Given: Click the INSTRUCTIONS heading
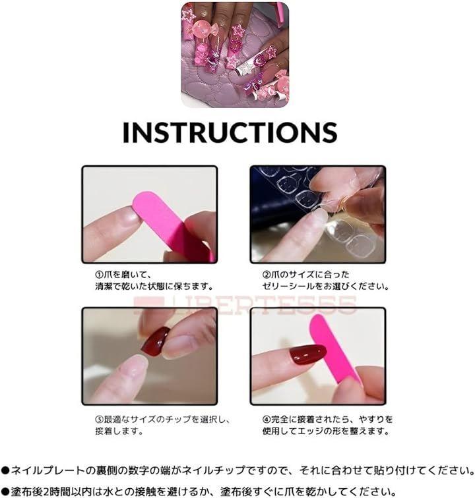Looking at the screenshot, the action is click(x=230, y=132).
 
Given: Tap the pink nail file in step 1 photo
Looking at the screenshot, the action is click(x=172, y=227).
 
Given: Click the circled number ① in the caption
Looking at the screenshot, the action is click(x=99, y=275).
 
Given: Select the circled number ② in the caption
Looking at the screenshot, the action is click(x=267, y=275).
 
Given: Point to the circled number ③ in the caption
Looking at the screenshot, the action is click(x=99, y=419).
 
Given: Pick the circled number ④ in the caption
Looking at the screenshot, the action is click(x=267, y=419).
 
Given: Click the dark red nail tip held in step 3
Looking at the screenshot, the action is click(x=155, y=342).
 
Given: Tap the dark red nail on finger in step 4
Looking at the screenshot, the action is click(x=308, y=354).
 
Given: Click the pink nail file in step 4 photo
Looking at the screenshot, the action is click(x=334, y=351).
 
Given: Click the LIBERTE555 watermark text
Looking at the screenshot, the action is click(x=245, y=305).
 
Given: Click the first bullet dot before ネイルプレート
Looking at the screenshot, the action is click(x=5, y=470).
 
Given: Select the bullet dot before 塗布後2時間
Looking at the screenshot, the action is click(x=5, y=491).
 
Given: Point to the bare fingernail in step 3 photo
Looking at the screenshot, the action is click(x=139, y=363).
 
